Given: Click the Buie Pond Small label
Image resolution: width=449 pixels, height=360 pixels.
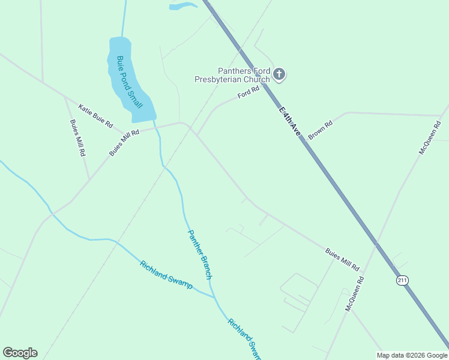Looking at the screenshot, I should pyautogui.click(x=130, y=82).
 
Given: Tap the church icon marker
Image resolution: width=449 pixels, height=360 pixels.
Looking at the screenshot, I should pyautogui.click(x=279, y=74).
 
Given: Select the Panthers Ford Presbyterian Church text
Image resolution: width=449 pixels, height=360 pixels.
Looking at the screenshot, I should pyautogui.click(x=232, y=74).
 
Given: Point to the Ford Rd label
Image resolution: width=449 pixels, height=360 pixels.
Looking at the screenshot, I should pyautogui.click(x=248, y=92).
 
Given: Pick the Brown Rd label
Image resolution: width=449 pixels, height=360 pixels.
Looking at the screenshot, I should pyautogui.click(x=320, y=131).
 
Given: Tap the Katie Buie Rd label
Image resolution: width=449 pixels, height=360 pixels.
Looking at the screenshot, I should pyautogui.click(x=95, y=116).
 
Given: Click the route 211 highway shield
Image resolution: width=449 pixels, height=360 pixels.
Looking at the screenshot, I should pyautogui.click(x=402, y=280).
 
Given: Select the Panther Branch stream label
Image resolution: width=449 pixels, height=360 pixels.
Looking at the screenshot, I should pyautogui.click(x=200, y=254).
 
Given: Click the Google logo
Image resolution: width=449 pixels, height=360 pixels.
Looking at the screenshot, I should pyautogui.click(x=20, y=353).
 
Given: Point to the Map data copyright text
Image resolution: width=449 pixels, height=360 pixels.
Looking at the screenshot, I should pyautogui.click(x=412, y=355).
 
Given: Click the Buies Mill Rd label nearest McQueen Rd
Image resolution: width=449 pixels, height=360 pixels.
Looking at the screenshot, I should pyautogui.click(x=342, y=259).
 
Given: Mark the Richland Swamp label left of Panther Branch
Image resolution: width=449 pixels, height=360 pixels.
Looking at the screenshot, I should pyautogui.click(x=166, y=275).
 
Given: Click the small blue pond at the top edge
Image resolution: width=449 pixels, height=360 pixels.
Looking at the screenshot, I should pyautogui.click(x=183, y=6).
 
